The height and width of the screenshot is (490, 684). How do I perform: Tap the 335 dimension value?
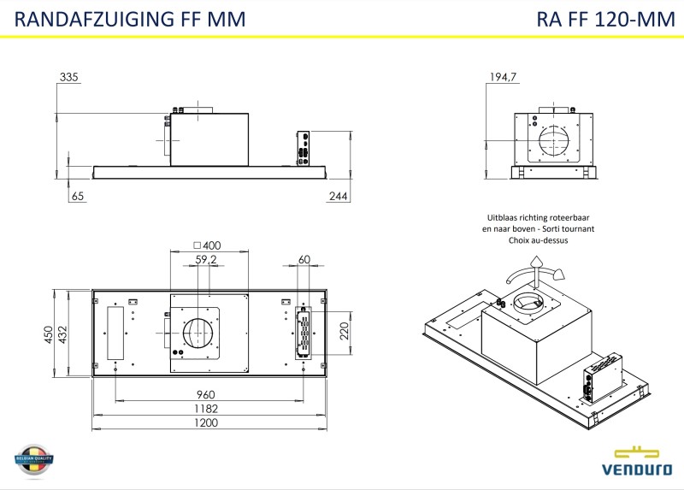(69, 78)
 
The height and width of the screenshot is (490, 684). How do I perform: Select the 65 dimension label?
(78, 197)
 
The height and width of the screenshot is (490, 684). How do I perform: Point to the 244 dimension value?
(338, 197)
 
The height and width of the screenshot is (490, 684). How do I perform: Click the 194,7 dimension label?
(503, 78)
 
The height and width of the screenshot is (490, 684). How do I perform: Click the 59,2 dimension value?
(206, 259)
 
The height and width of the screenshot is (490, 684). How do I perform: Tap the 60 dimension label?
(304, 259)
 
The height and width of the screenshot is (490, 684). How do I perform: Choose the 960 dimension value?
(205, 395)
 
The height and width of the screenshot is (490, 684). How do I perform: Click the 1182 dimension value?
(205, 409)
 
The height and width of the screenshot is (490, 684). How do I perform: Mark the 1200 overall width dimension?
(205, 422)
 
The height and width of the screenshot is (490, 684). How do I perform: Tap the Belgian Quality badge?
(34, 461)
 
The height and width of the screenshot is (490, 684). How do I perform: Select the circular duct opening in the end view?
(554, 141)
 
